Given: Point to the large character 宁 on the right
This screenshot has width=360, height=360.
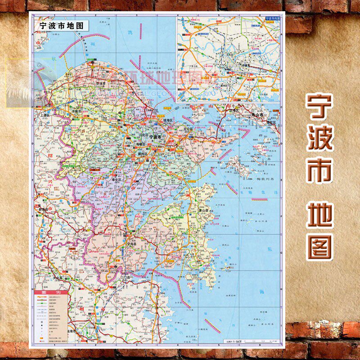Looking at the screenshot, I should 320,107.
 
